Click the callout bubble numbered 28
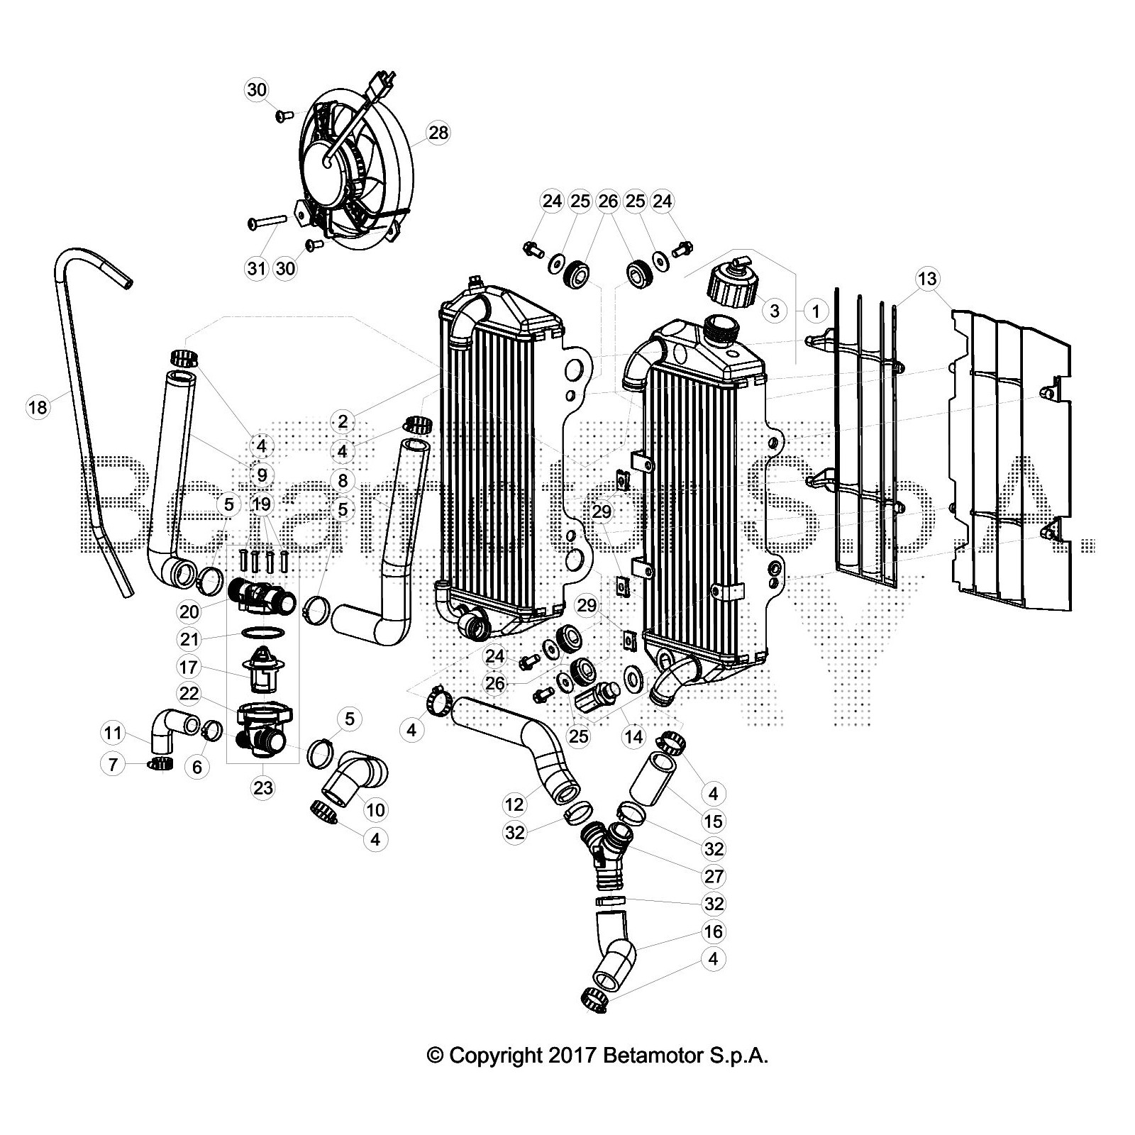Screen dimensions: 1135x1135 click(x=438, y=133)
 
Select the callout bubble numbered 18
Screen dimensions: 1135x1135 click(x=38, y=407)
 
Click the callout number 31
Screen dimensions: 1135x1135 click(x=256, y=268)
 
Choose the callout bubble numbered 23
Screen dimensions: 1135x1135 click(x=262, y=788)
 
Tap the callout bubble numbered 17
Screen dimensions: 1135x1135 click(x=189, y=668)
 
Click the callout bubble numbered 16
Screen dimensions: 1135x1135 click(x=714, y=931)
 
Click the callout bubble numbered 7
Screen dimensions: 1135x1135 click(x=112, y=765)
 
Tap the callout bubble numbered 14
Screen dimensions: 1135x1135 click(x=633, y=737)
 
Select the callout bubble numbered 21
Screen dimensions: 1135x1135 click(x=189, y=639)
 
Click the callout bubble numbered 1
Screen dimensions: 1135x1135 click(x=816, y=311)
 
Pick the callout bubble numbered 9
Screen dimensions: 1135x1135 click(x=262, y=475)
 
